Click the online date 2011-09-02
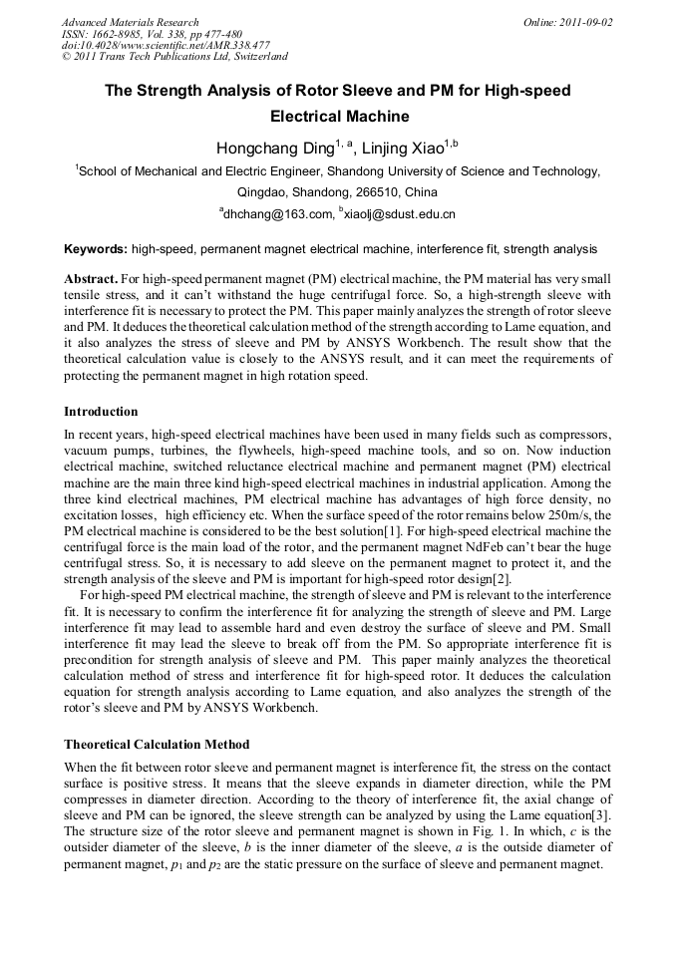tap(587, 22)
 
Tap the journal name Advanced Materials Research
tap(130, 22)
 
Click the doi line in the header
tap(166, 45)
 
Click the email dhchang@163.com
tap(272, 214)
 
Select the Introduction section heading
tap(101, 412)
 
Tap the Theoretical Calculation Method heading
tap(157, 745)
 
